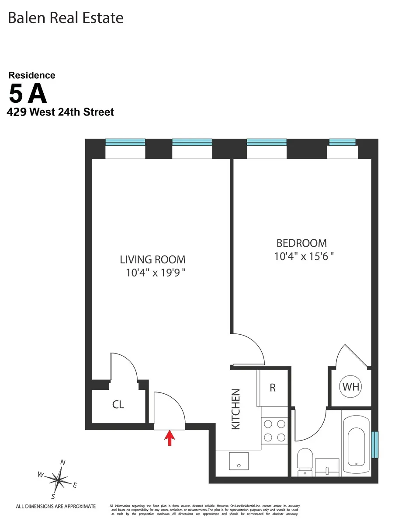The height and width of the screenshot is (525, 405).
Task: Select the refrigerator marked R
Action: [x=273, y=388]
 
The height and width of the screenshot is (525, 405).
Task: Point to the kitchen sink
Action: [x=239, y=462]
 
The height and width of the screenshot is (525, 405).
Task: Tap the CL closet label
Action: [x=118, y=405]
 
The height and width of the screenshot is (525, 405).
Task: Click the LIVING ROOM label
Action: [x=152, y=259]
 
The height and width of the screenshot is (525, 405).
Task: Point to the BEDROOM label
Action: [x=301, y=243]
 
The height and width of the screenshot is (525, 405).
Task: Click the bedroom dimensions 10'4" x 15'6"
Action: [x=304, y=256]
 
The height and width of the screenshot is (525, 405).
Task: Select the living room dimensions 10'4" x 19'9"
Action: [x=156, y=273]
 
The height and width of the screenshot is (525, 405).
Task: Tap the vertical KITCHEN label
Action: [x=236, y=409]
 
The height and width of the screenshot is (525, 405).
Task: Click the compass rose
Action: [x=58, y=480]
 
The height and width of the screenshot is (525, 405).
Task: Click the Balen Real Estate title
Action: [x=66, y=18]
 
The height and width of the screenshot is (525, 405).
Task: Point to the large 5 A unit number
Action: [x=28, y=93]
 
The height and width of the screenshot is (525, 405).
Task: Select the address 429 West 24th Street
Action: [x=60, y=112]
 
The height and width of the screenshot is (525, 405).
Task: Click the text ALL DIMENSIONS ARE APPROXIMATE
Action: [x=55, y=507]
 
